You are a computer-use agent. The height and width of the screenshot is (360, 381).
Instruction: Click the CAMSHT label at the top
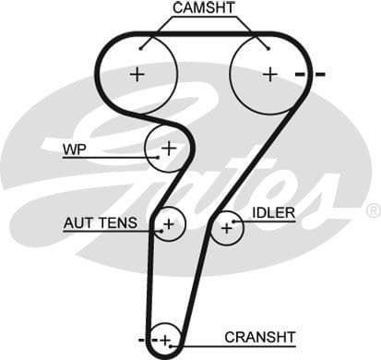coord(204,8)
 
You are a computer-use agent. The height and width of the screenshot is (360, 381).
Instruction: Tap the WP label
coord(75,148)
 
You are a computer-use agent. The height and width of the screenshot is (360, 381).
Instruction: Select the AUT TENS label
coord(100,222)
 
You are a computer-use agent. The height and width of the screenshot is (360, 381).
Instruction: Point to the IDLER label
coord(274,214)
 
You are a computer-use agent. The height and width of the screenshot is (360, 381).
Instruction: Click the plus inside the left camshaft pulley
coord(137,74)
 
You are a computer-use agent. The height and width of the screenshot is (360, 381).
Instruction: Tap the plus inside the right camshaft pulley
coord(269,74)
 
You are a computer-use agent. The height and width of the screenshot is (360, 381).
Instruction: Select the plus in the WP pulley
coord(169,147)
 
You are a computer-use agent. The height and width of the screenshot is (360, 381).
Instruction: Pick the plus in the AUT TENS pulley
coord(170,222)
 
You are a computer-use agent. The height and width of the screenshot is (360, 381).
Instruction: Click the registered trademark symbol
coord(373,211)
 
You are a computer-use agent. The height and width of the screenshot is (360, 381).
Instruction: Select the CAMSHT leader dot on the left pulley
coord(140,48)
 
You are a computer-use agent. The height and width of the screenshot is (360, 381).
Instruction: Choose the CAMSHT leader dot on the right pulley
coord(268,48)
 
